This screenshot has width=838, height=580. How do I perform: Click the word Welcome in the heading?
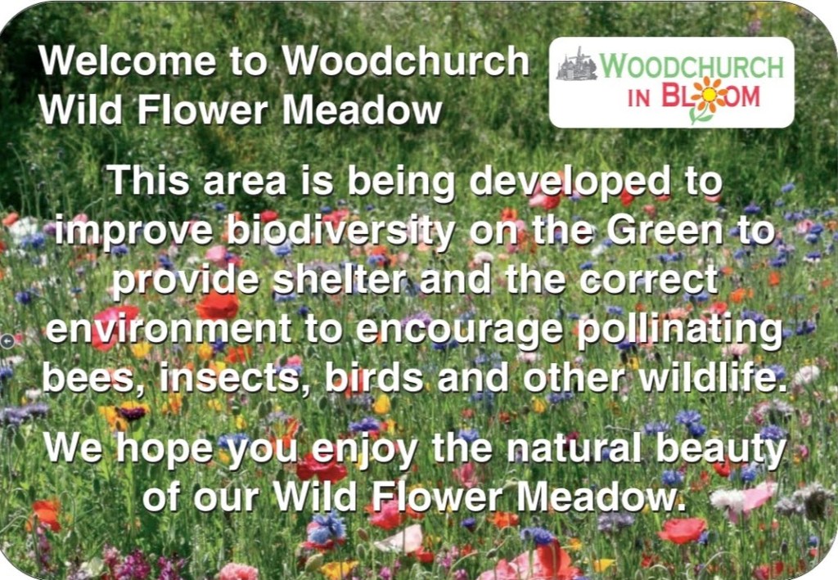click(127, 61)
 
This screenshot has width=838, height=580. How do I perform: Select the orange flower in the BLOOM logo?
click(708, 97)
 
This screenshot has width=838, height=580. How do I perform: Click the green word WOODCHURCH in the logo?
click(692, 65)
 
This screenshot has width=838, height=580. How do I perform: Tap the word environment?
click(169, 329)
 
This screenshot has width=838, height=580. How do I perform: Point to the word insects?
click(233, 379)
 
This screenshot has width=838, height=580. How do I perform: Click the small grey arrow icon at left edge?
click(7, 341)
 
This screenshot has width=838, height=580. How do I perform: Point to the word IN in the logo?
click(639, 99)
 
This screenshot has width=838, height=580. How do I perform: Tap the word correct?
click(648, 281)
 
